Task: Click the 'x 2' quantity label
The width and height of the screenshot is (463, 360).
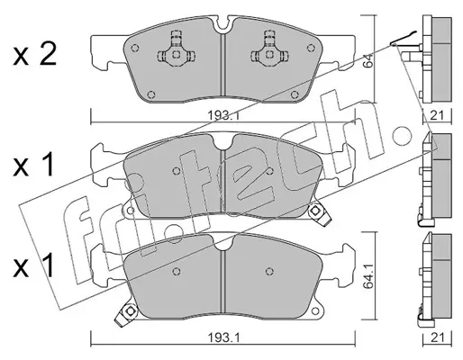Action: pyautogui.click(x=34, y=56)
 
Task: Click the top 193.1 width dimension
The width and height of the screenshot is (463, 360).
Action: pyautogui.click(x=222, y=115)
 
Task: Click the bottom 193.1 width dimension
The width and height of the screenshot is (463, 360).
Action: pyautogui.click(x=222, y=338)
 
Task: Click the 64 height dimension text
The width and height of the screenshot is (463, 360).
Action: pyautogui.click(x=368, y=60)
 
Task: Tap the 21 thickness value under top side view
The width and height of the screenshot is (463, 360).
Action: pyautogui.click(x=437, y=115)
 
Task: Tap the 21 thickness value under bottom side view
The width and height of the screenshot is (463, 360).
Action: pyautogui.click(x=437, y=338)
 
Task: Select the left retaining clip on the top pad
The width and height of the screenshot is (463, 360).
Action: pyautogui.click(x=177, y=49)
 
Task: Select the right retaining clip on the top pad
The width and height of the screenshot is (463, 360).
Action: pyautogui.click(x=269, y=49)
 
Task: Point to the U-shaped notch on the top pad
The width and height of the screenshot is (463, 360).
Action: pyautogui.click(x=222, y=24)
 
